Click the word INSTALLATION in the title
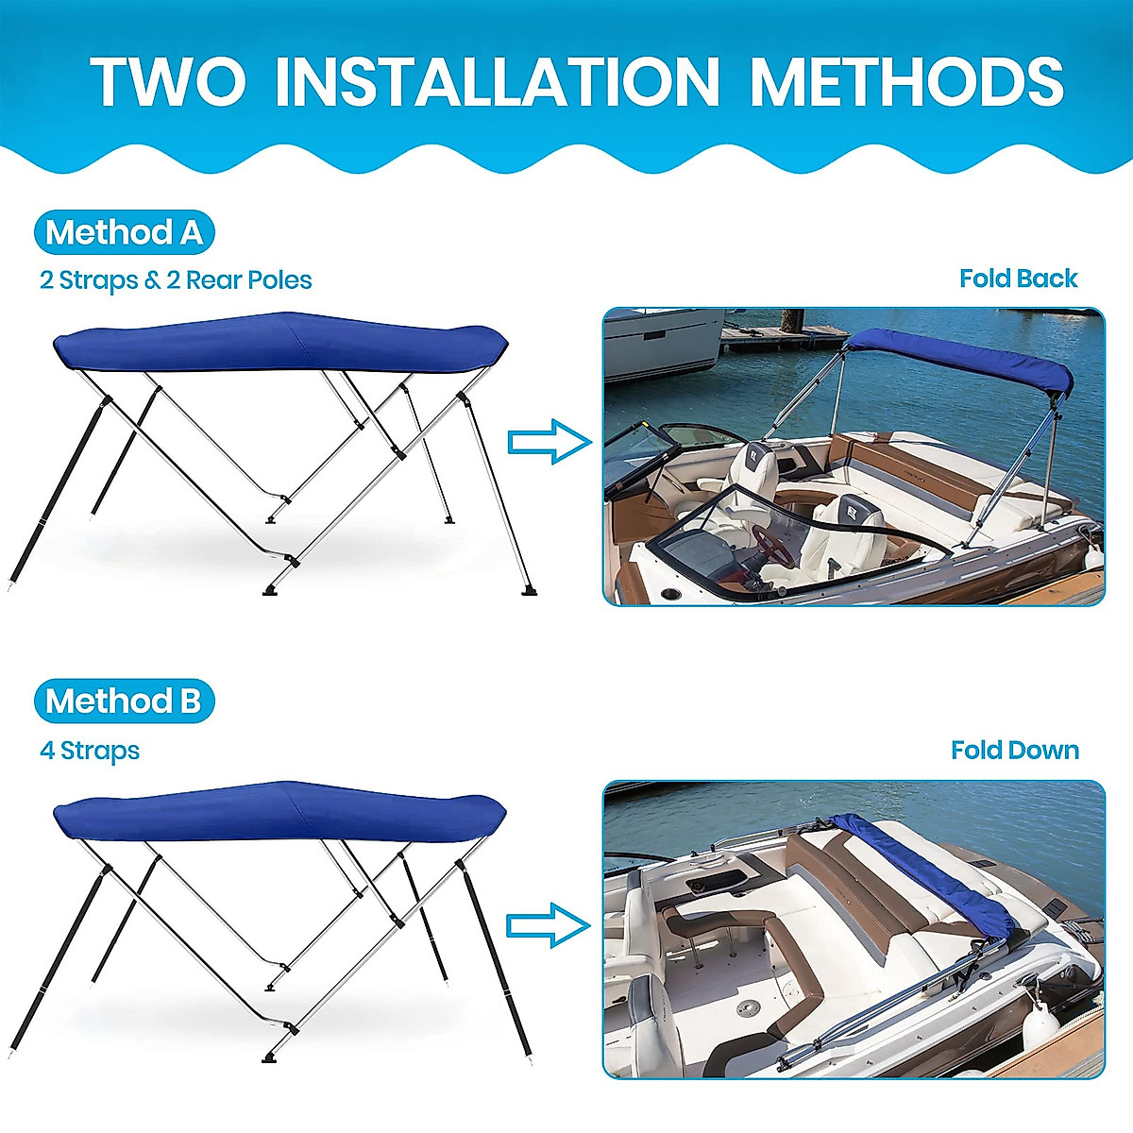pyautogui.click(x=498, y=82)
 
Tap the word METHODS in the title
pyautogui.click(x=906, y=82)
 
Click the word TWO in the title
pyautogui.click(x=168, y=82)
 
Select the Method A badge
pyautogui.click(x=124, y=232)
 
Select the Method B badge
pyautogui.click(x=124, y=702)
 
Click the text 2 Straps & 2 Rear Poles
pyautogui.click(x=176, y=280)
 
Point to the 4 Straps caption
pyautogui.click(x=90, y=751)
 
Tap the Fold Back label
pyautogui.click(x=1018, y=279)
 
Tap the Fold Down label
pyautogui.click(x=1015, y=751)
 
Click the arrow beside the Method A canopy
pyautogui.click(x=549, y=442)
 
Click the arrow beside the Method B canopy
pyautogui.click(x=549, y=925)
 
